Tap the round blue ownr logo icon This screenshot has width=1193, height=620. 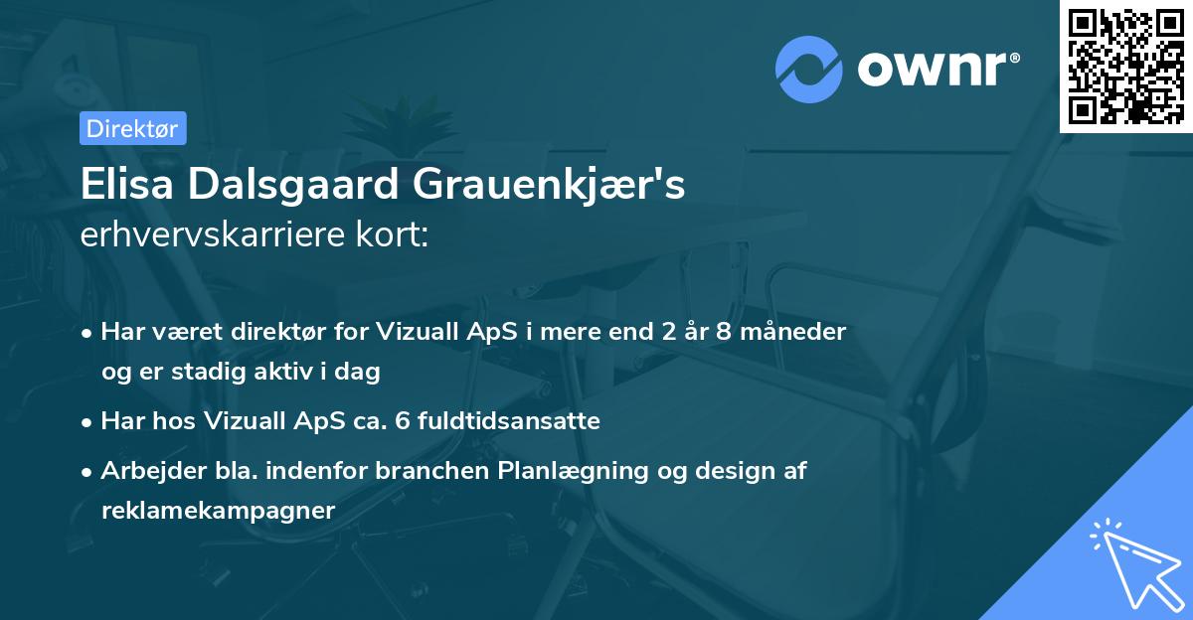[x=809, y=68]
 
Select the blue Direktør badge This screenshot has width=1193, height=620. [x=131, y=128]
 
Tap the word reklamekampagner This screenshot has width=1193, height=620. [x=219, y=511]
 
